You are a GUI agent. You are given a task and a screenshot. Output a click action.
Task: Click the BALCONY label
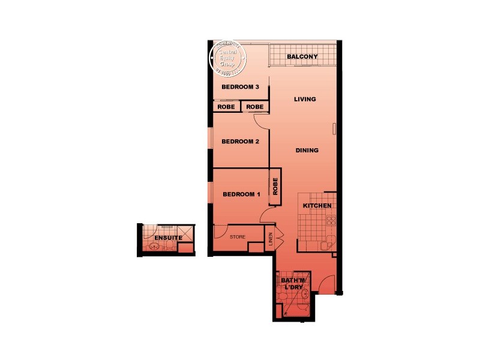coord(302,57)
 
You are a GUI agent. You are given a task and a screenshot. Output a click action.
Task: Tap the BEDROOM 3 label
coord(240,87)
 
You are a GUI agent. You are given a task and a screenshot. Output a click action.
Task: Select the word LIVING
coord(305,99)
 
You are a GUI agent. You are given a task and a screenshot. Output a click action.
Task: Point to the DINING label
coord(307,151)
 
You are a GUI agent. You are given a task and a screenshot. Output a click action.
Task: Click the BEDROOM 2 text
coord(240,142)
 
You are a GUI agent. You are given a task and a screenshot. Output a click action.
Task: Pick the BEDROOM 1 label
coord(241,194)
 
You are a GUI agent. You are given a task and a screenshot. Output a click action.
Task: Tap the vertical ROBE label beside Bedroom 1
coord(275,186)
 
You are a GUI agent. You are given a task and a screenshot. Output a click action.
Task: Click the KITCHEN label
coord(317,206)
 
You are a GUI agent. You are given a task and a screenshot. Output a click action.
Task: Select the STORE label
coord(238,237)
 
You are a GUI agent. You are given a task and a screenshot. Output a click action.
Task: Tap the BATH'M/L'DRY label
coord(293,284)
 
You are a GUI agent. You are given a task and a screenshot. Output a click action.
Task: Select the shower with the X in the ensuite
coord(185,233)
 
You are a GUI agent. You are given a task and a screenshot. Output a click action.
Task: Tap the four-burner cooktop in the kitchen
coord(330,221)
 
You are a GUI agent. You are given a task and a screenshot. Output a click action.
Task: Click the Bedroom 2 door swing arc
coord(262,122)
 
